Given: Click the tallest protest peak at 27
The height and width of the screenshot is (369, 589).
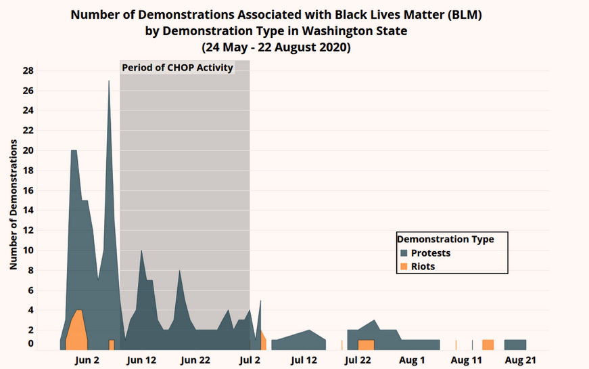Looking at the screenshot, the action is point(109,81).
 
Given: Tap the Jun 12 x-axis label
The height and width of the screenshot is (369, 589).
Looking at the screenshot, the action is point(141,360).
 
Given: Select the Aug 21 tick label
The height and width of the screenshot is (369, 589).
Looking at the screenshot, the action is point(520,360).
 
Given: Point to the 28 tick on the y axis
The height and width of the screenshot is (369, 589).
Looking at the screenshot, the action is point(28,70).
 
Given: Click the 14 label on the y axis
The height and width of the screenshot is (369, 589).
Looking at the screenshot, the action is point(28,211).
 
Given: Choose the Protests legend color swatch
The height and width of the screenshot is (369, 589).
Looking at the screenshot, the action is point(404,253).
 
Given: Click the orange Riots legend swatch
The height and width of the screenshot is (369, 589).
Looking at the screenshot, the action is point(404,266).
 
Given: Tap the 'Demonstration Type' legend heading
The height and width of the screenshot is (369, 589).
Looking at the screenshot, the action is point(446,239).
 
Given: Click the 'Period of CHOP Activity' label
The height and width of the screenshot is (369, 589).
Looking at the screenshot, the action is point(178,68).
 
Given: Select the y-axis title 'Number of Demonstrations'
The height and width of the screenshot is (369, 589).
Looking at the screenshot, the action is point(14,204).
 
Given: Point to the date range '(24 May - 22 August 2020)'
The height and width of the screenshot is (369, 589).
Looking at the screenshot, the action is point(276,47).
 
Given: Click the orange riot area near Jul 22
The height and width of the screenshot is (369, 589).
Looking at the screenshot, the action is point(366,345).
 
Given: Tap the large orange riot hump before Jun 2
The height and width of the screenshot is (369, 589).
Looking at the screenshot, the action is point(76,329).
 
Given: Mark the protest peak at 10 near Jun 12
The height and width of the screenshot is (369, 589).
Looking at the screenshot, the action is point(141,252).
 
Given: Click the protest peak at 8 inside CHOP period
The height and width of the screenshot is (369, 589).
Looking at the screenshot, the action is point(180,272).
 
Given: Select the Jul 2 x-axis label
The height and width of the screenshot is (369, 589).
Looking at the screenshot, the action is point(250,360).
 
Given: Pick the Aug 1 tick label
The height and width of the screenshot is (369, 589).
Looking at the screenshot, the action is point(412,360).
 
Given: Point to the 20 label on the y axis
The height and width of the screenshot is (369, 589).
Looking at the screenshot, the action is point(28,150).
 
